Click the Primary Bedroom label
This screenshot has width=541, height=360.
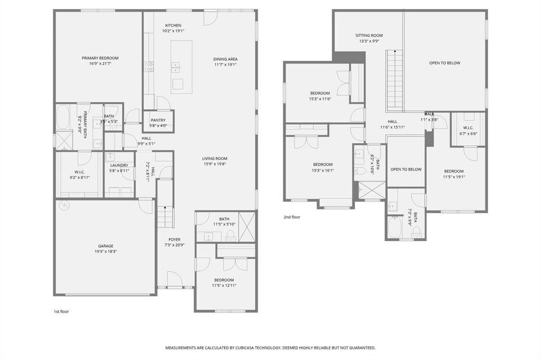coord(100,58)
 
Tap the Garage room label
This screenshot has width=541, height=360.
coord(106,246)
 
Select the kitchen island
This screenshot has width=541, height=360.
coord(182,67)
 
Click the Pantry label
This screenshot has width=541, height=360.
coord(158,120)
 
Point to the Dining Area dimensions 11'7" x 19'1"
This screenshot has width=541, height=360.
coord(225,64)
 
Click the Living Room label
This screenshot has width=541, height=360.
coord(214,158)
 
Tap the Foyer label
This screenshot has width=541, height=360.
coord(174,240)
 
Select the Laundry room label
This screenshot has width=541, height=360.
coord(119,165)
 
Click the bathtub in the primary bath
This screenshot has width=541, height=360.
coord(63,117)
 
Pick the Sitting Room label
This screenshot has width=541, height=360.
coord(369,35)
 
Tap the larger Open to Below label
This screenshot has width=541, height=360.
coord(445,63)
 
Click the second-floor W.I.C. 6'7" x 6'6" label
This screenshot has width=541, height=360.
coord(468,128)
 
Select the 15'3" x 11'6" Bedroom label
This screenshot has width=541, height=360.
coord(320,93)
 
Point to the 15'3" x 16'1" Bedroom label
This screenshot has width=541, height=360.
coord(323,165)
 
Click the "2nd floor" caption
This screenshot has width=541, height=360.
coord(292,217)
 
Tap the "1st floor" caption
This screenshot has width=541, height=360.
coord(61,311)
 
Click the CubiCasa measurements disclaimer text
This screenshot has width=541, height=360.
coord(270,347)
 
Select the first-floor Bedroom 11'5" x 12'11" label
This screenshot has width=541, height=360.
coord(224,280)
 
